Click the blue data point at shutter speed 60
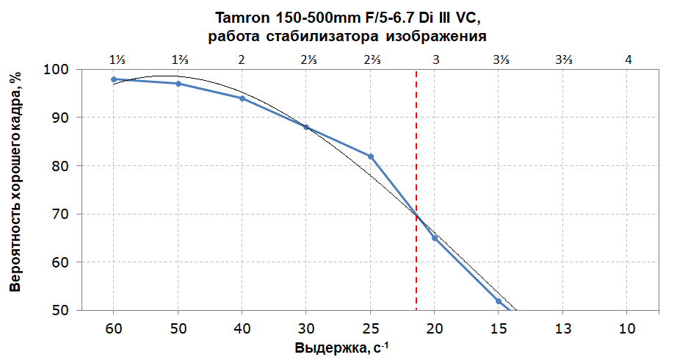click(114, 79)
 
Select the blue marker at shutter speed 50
click(178, 84)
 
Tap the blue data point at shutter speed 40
click(242, 98)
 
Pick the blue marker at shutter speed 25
click(371, 156)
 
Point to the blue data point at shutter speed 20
click(435, 238)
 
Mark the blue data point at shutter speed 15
click(499, 301)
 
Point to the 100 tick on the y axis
click(58, 70)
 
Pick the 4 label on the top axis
click(627, 60)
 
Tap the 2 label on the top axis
click(242, 60)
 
